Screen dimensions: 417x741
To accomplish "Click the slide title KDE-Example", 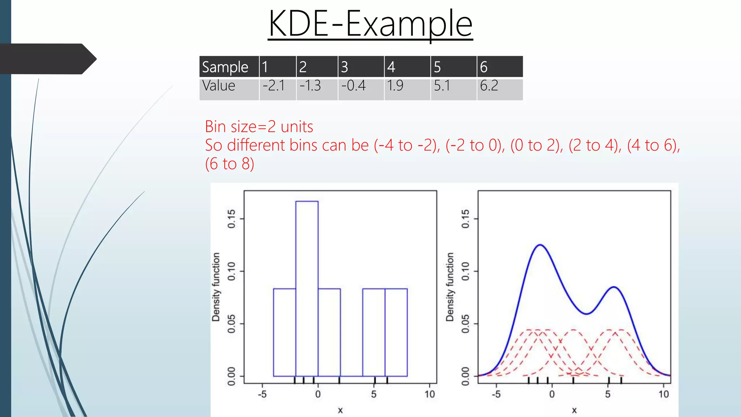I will point(370,24).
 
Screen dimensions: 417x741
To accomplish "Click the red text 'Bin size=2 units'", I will point(259,127).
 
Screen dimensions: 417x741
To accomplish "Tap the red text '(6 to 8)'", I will point(229,164).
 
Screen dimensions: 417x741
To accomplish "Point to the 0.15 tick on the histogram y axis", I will point(232,219).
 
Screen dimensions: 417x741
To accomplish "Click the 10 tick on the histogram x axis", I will point(429,394).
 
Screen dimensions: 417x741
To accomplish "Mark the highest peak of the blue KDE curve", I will point(540,245).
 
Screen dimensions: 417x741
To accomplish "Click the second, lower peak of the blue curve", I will point(614,287).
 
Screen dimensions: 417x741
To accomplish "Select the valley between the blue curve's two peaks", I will point(586,313).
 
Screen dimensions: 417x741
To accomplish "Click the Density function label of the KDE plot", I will point(450,287).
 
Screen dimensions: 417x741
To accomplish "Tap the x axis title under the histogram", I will point(340,410).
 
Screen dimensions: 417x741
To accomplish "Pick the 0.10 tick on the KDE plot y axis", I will point(466,271).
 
